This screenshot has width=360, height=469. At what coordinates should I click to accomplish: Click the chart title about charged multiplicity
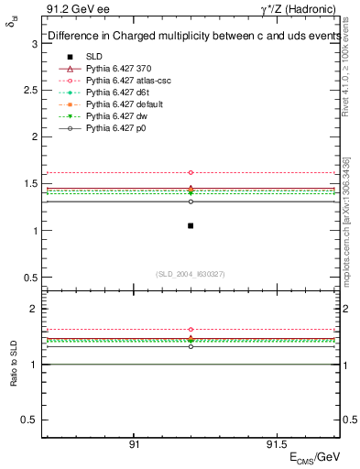pyautogui.click(x=189, y=37)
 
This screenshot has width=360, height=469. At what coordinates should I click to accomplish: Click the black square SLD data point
pyautogui.click(x=191, y=225)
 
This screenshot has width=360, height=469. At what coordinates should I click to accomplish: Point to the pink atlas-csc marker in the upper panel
pyautogui.click(x=191, y=172)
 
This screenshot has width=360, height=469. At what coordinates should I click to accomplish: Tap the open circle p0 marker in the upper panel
pyautogui.click(x=191, y=201)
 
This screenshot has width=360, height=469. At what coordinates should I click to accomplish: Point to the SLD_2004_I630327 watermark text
pyautogui.click(x=191, y=273)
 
